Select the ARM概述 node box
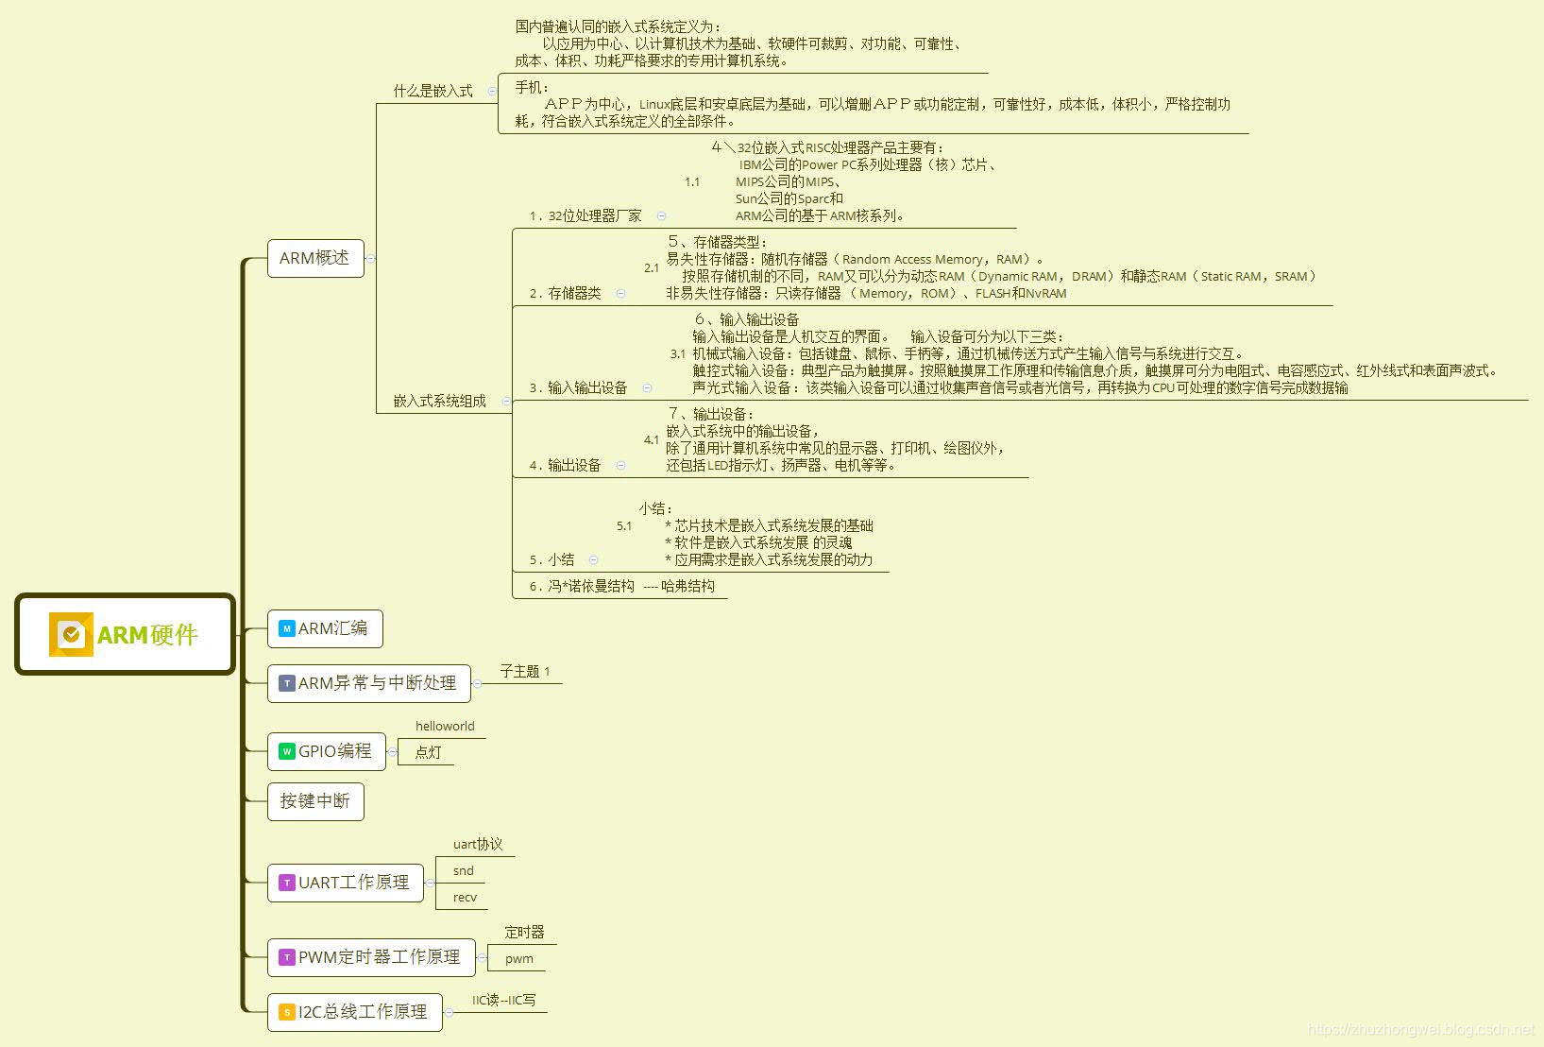pyautogui.click(x=315, y=258)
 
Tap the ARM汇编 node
pyautogui.click(x=325, y=628)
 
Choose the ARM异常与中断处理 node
pyautogui.click(x=369, y=683)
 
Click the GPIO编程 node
pyautogui.click(x=327, y=751)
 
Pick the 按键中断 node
pyautogui.click(x=315, y=801)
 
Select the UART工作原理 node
pyautogui.click(x=346, y=883)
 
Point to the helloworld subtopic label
pyautogui.click(x=445, y=726)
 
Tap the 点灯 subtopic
pyautogui.click(x=428, y=752)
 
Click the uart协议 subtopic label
pyautogui.click(x=478, y=844)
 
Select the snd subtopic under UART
pyautogui.click(x=463, y=870)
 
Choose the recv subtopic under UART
pyautogui.click(x=465, y=897)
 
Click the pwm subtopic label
pyautogui.click(x=518, y=958)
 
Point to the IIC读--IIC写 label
pyautogui.click(x=503, y=1000)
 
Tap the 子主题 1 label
pyautogui.click(x=525, y=671)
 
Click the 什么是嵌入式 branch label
pyautogui.click(x=433, y=91)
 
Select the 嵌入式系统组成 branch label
pyautogui.click(x=439, y=401)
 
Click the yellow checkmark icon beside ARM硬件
pyautogui.click(x=71, y=635)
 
